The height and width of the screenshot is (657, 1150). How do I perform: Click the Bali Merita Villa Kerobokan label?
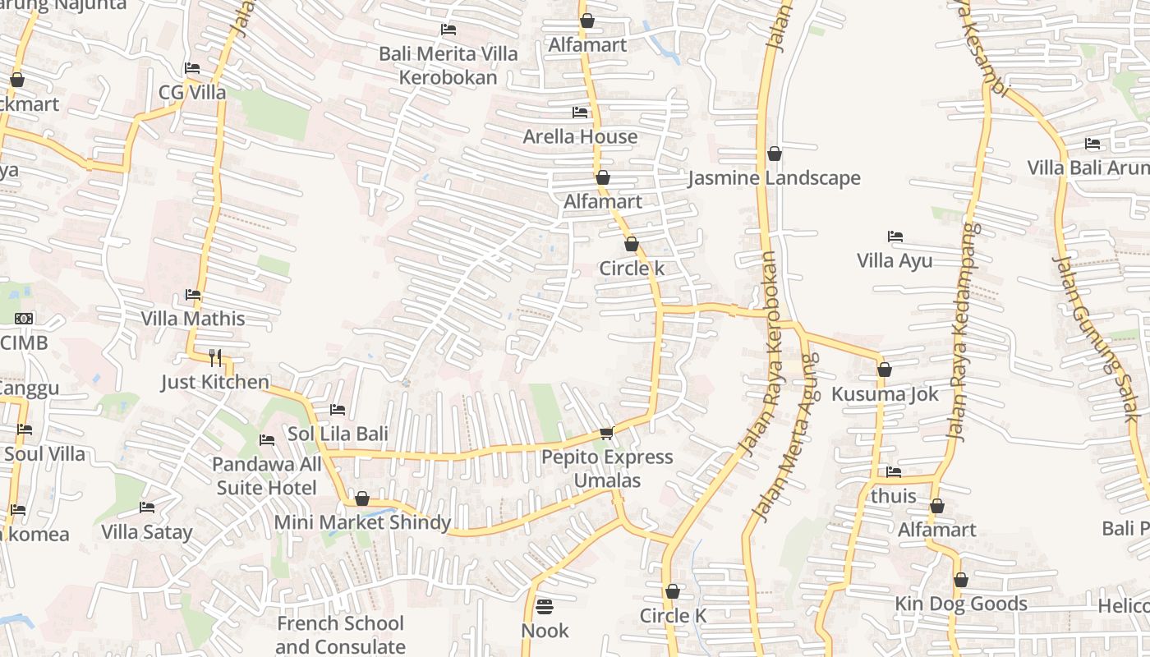[448, 66]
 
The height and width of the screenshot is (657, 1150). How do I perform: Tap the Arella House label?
[580, 136]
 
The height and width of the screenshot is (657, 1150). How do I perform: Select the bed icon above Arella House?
[580, 112]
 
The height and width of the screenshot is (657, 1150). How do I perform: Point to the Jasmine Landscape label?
[774, 178]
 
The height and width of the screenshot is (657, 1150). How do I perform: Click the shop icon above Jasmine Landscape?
[774, 154]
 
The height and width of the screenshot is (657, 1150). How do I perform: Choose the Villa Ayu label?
[895, 261]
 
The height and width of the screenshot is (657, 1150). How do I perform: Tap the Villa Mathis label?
[193, 319]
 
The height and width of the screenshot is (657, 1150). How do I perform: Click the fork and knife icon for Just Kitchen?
[215, 357]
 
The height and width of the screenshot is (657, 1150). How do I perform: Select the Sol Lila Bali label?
[338, 434]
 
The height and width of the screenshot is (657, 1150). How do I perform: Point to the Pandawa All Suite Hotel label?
[267, 476]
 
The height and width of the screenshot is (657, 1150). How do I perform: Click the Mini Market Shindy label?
[362, 522]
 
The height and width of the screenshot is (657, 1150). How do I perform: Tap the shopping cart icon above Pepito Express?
[606, 433]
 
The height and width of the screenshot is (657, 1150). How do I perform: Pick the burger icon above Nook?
[545, 607]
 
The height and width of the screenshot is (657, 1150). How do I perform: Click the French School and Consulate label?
[340, 635]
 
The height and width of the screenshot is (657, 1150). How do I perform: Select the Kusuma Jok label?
[885, 394]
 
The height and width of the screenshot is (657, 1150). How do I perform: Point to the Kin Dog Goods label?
[960, 604]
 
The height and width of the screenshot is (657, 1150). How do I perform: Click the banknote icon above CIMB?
[24, 319]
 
